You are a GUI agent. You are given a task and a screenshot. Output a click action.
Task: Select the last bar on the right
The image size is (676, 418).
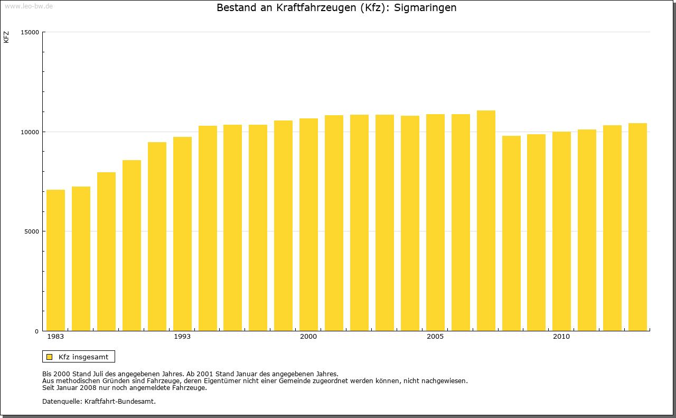point(637,227)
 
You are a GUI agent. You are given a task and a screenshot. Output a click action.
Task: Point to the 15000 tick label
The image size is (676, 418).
point(30,32)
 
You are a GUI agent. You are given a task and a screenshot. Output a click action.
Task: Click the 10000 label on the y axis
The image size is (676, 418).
point(30,132)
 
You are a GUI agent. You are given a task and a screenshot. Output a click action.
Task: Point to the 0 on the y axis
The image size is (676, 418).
point(37,331)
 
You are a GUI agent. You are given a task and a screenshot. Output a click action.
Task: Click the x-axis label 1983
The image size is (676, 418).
point(55,337)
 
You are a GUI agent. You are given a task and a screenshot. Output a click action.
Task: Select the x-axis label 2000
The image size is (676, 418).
point(308,337)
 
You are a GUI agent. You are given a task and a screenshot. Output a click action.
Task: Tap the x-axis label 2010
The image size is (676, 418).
point(561,337)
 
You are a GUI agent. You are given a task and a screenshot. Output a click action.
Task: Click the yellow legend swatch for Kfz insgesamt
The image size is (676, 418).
point(50,357)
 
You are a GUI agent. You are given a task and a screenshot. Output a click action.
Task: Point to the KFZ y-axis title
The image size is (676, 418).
point(6,38)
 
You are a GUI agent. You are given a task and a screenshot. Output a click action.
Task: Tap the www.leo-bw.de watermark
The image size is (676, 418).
point(29,5)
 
